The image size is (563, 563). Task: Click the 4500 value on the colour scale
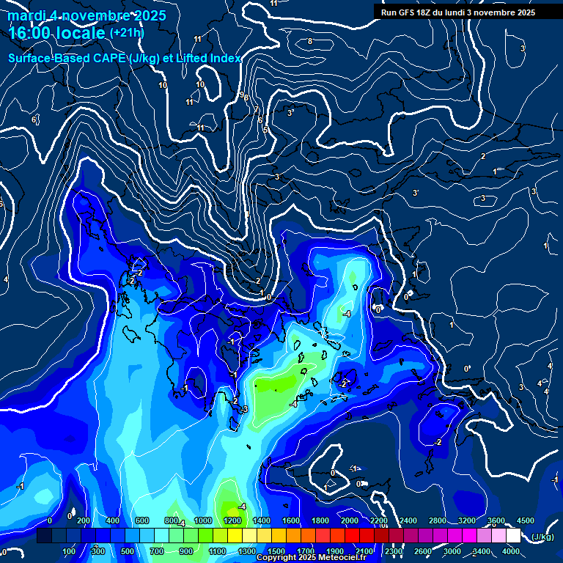525,520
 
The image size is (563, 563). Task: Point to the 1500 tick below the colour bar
276,551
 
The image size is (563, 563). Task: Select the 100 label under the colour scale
70,551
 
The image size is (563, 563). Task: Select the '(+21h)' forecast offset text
127,32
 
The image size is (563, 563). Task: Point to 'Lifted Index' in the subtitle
208,58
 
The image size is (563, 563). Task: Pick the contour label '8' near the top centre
309,41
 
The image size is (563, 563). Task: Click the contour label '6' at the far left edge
34,119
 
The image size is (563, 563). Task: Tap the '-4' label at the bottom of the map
241,507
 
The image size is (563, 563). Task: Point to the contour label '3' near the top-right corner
522,48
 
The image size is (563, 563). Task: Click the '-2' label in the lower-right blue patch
438,442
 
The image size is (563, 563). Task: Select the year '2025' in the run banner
521,12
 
